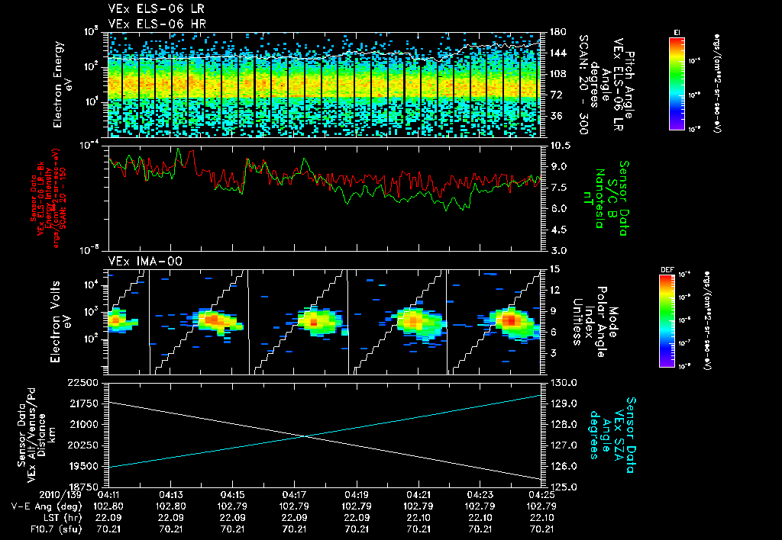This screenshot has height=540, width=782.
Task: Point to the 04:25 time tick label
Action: (541, 495)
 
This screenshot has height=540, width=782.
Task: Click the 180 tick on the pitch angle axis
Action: (557, 32)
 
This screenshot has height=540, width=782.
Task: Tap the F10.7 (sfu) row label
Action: (50, 528)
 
